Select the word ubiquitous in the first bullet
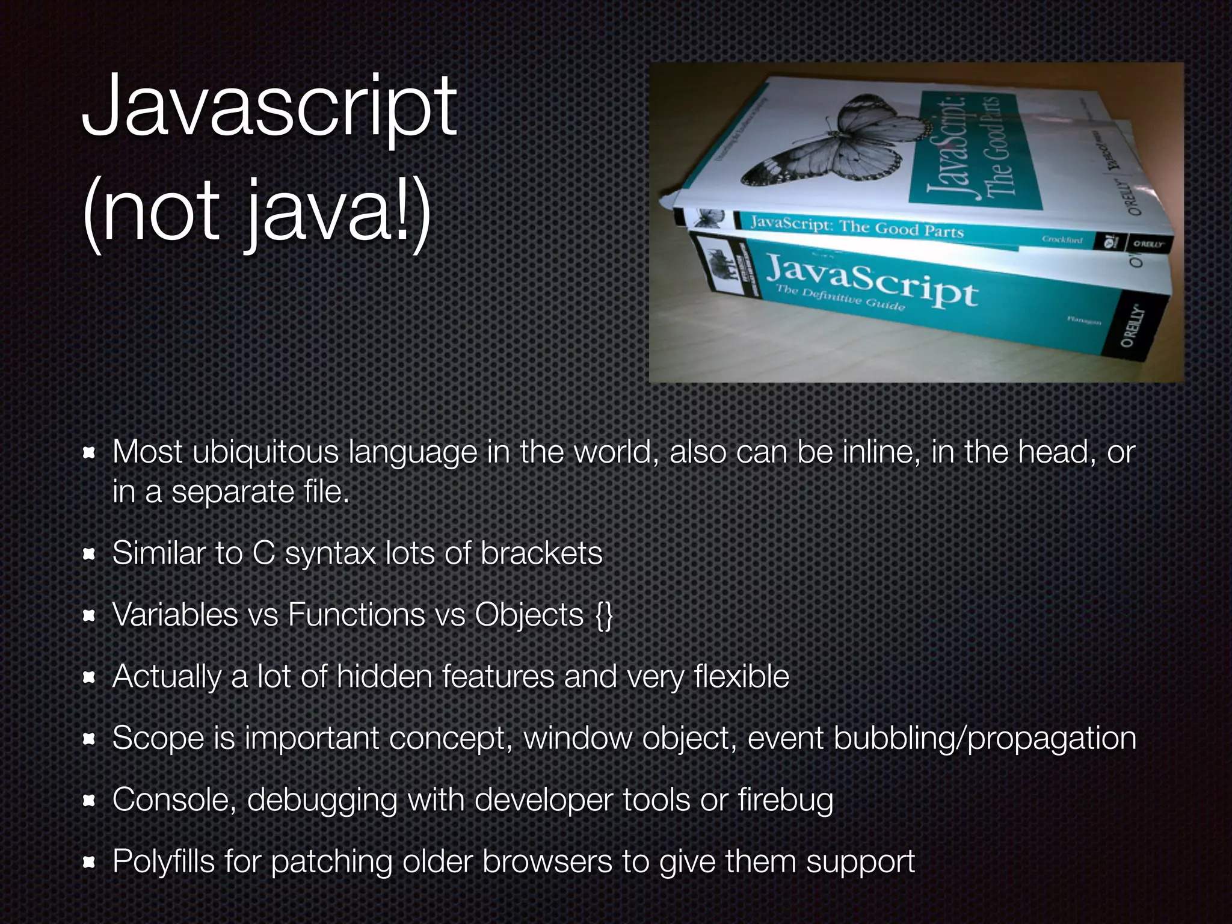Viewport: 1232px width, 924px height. click(x=265, y=452)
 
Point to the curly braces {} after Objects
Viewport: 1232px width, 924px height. click(x=603, y=615)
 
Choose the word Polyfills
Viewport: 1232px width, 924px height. click(x=164, y=861)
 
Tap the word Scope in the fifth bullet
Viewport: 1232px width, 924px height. click(x=158, y=739)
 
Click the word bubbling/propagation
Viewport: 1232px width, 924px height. click(x=984, y=739)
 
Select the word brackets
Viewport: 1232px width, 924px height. click(x=541, y=553)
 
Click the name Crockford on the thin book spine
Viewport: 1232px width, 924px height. click(x=1062, y=239)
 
